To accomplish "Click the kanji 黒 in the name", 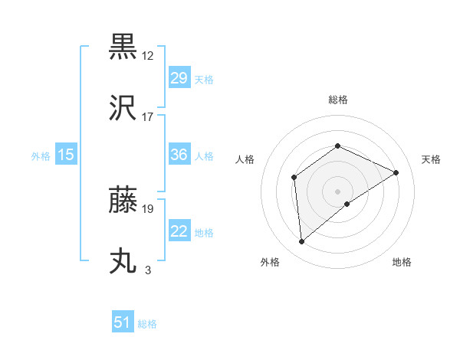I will (123, 47).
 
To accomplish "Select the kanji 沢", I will (123, 109).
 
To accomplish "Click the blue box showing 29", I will (179, 78).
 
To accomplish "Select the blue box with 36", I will (179, 155).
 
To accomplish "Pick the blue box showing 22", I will (179, 232).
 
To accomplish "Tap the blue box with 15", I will (65, 155).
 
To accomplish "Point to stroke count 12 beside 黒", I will (149, 55).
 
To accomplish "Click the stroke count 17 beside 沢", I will (148, 116).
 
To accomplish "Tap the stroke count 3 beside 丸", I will (148, 270).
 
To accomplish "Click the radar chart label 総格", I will (337, 100).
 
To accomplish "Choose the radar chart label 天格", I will (431, 159).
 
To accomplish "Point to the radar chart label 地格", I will (402, 262).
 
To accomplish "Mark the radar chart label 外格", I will (270, 262).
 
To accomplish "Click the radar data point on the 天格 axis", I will (396, 172).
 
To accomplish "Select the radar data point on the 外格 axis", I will (302, 241).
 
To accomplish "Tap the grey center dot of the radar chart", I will (337, 191).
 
